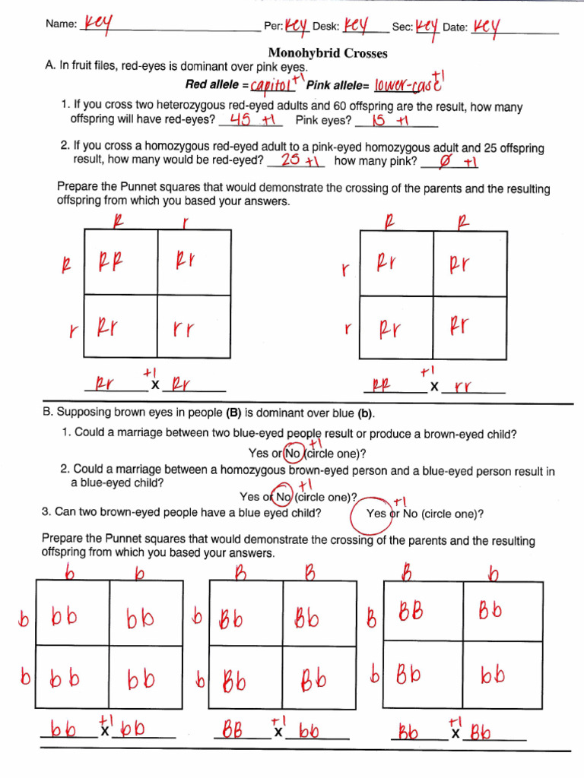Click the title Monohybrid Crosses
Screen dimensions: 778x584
pos(328,53)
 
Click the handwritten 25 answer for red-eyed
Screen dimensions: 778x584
pos(290,160)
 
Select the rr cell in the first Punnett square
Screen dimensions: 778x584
pos(193,329)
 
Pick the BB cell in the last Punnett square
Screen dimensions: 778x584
pos(411,612)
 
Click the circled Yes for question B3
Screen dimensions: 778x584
pos(376,514)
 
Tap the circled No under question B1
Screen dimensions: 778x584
pos(292,454)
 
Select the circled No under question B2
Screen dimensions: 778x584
pos(282,497)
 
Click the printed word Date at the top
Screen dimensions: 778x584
pos(454,27)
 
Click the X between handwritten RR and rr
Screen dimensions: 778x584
pos(434,387)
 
